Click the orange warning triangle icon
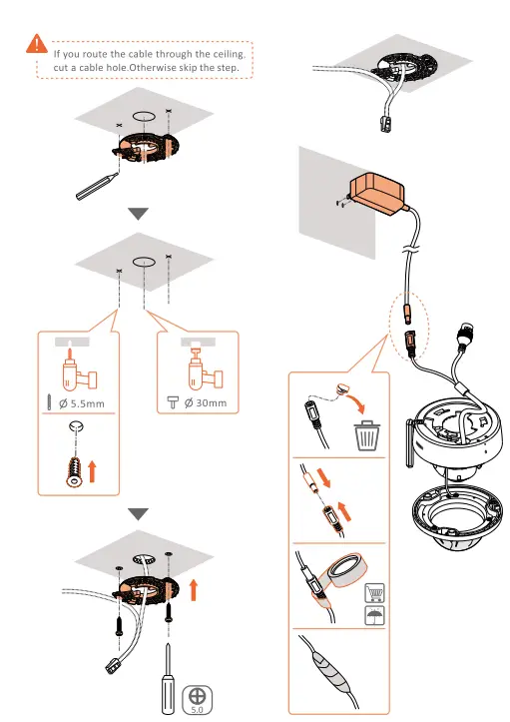click(37, 43)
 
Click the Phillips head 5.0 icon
click(197, 695)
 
